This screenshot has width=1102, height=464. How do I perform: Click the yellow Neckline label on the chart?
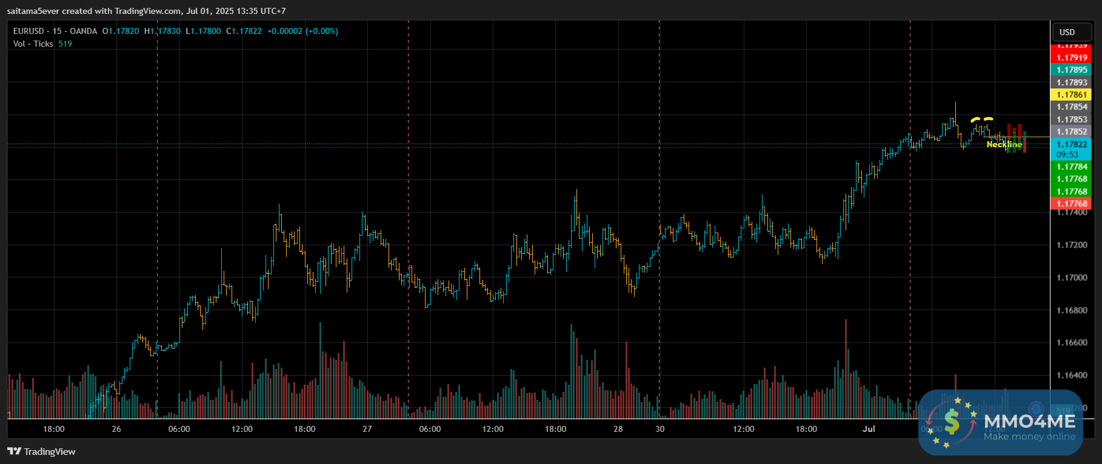[1004, 144]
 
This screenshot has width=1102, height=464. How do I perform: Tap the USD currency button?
[1067, 32]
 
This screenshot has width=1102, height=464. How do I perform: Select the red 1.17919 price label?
[1072, 58]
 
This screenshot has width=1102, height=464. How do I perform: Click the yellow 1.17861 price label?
[1072, 94]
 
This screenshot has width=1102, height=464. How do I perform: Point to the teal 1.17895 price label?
[1072, 70]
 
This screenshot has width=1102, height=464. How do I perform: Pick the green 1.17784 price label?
[1072, 167]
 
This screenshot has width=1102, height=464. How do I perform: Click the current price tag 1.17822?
[1072, 144]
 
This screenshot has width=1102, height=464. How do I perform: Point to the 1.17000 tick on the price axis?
[1072, 277]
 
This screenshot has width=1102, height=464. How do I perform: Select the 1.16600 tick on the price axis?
[1072, 342]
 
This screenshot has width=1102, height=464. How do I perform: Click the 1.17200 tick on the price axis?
[1072, 245]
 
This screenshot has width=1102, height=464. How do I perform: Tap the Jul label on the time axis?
[869, 429]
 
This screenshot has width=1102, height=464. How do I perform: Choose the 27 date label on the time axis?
[367, 429]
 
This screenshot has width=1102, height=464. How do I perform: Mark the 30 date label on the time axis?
[660, 429]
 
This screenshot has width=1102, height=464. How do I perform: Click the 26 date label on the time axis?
[116, 429]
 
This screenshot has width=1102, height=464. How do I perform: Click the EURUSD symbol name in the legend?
[28, 31]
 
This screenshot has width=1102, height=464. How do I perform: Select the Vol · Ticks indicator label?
[33, 44]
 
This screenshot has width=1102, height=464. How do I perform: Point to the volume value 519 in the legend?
[65, 44]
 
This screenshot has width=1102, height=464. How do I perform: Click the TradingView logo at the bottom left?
[42, 451]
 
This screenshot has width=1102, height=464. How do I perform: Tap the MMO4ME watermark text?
[1029, 421]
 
